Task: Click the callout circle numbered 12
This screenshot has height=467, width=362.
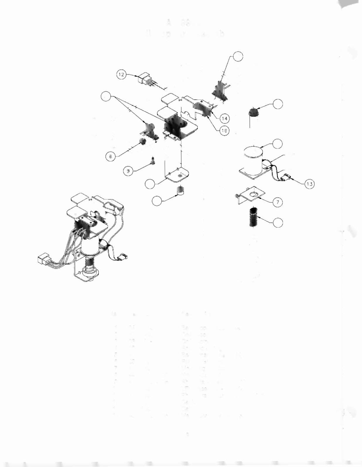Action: pyautogui.click(x=121, y=74)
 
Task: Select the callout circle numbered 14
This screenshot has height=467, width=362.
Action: pyautogui.click(x=225, y=119)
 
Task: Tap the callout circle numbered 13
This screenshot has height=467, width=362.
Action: pyautogui.click(x=309, y=184)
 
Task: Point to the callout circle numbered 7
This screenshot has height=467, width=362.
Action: pyautogui.click(x=278, y=202)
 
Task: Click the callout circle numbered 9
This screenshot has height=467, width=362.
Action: pyautogui.click(x=128, y=171)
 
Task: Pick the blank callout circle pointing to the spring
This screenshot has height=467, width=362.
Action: pyautogui.click(x=278, y=223)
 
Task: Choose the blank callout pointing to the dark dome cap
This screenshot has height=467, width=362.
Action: pyautogui.click(x=278, y=103)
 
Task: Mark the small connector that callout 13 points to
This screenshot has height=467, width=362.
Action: pyautogui.click(x=286, y=178)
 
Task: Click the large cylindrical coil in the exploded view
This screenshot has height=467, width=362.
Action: pyautogui.click(x=253, y=160)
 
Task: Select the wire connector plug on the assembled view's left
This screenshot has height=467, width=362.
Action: pyautogui.click(x=44, y=259)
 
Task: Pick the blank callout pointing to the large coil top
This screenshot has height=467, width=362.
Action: pyautogui.click(x=278, y=144)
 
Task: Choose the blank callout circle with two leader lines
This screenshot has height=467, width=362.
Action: pyautogui.click(x=106, y=96)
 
